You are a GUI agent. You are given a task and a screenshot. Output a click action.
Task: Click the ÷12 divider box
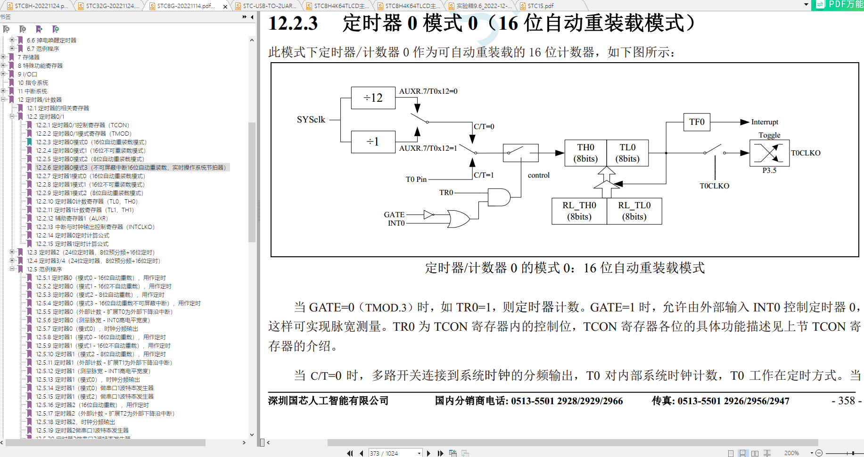(373, 98)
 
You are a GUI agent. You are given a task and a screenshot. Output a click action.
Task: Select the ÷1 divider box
(373, 142)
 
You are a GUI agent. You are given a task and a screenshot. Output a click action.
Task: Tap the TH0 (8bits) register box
(585, 153)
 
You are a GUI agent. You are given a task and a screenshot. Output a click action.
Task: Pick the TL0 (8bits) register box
(627, 153)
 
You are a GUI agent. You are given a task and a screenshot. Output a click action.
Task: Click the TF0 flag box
(697, 122)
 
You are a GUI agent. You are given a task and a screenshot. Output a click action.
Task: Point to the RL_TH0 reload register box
(579, 211)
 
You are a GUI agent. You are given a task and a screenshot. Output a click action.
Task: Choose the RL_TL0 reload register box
(634, 211)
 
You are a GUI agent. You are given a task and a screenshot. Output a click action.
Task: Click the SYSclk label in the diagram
(311, 120)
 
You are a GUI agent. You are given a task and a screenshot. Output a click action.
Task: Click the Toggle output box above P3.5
(769, 153)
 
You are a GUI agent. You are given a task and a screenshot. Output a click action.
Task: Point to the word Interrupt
(765, 122)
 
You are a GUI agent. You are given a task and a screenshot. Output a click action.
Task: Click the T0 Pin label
(416, 180)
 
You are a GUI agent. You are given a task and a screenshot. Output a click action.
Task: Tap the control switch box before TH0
(520, 153)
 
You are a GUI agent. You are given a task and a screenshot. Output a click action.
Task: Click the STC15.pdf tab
(540, 6)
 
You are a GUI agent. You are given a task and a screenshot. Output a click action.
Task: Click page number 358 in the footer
(847, 401)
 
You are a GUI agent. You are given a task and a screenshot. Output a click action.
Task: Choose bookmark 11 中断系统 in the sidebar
(33, 91)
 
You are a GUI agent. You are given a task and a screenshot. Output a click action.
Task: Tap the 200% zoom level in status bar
(791, 453)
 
